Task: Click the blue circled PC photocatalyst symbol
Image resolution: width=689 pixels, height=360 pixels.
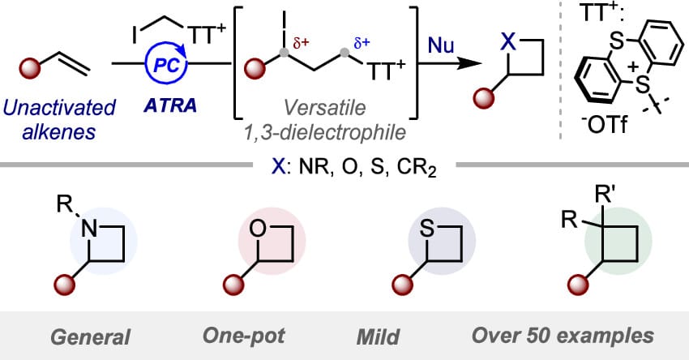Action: pyautogui.click(x=166, y=65)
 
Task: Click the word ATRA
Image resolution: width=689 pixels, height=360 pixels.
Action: pyautogui.click(x=170, y=105)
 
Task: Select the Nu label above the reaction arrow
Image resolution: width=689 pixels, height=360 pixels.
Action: pyautogui.click(x=441, y=45)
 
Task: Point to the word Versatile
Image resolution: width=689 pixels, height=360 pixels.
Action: pyautogui.click(x=324, y=107)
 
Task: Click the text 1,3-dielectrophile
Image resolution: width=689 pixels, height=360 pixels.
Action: pyautogui.click(x=325, y=132)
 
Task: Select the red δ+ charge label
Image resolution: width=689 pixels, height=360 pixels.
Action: pyautogui.click(x=301, y=44)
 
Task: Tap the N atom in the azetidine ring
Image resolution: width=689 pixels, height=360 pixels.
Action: pyautogui.click(x=90, y=229)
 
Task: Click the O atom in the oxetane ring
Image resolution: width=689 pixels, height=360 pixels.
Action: pyautogui.click(x=258, y=229)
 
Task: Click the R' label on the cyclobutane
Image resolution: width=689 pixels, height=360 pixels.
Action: pyautogui.click(x=604, y=195)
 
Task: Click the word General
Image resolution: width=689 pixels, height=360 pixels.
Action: pyautogui.click(x=91, y=337)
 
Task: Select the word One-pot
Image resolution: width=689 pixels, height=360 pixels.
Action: pyautogui.click(x=244, y=336)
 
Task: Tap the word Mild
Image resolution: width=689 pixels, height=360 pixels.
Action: pyautogui.click(x=378, y=337)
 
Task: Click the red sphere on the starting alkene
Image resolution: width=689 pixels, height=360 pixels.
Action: pyautogui.click(x=30, y=68)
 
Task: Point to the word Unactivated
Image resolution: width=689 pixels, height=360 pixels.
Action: pyautogui.click(x=59, y=108)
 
